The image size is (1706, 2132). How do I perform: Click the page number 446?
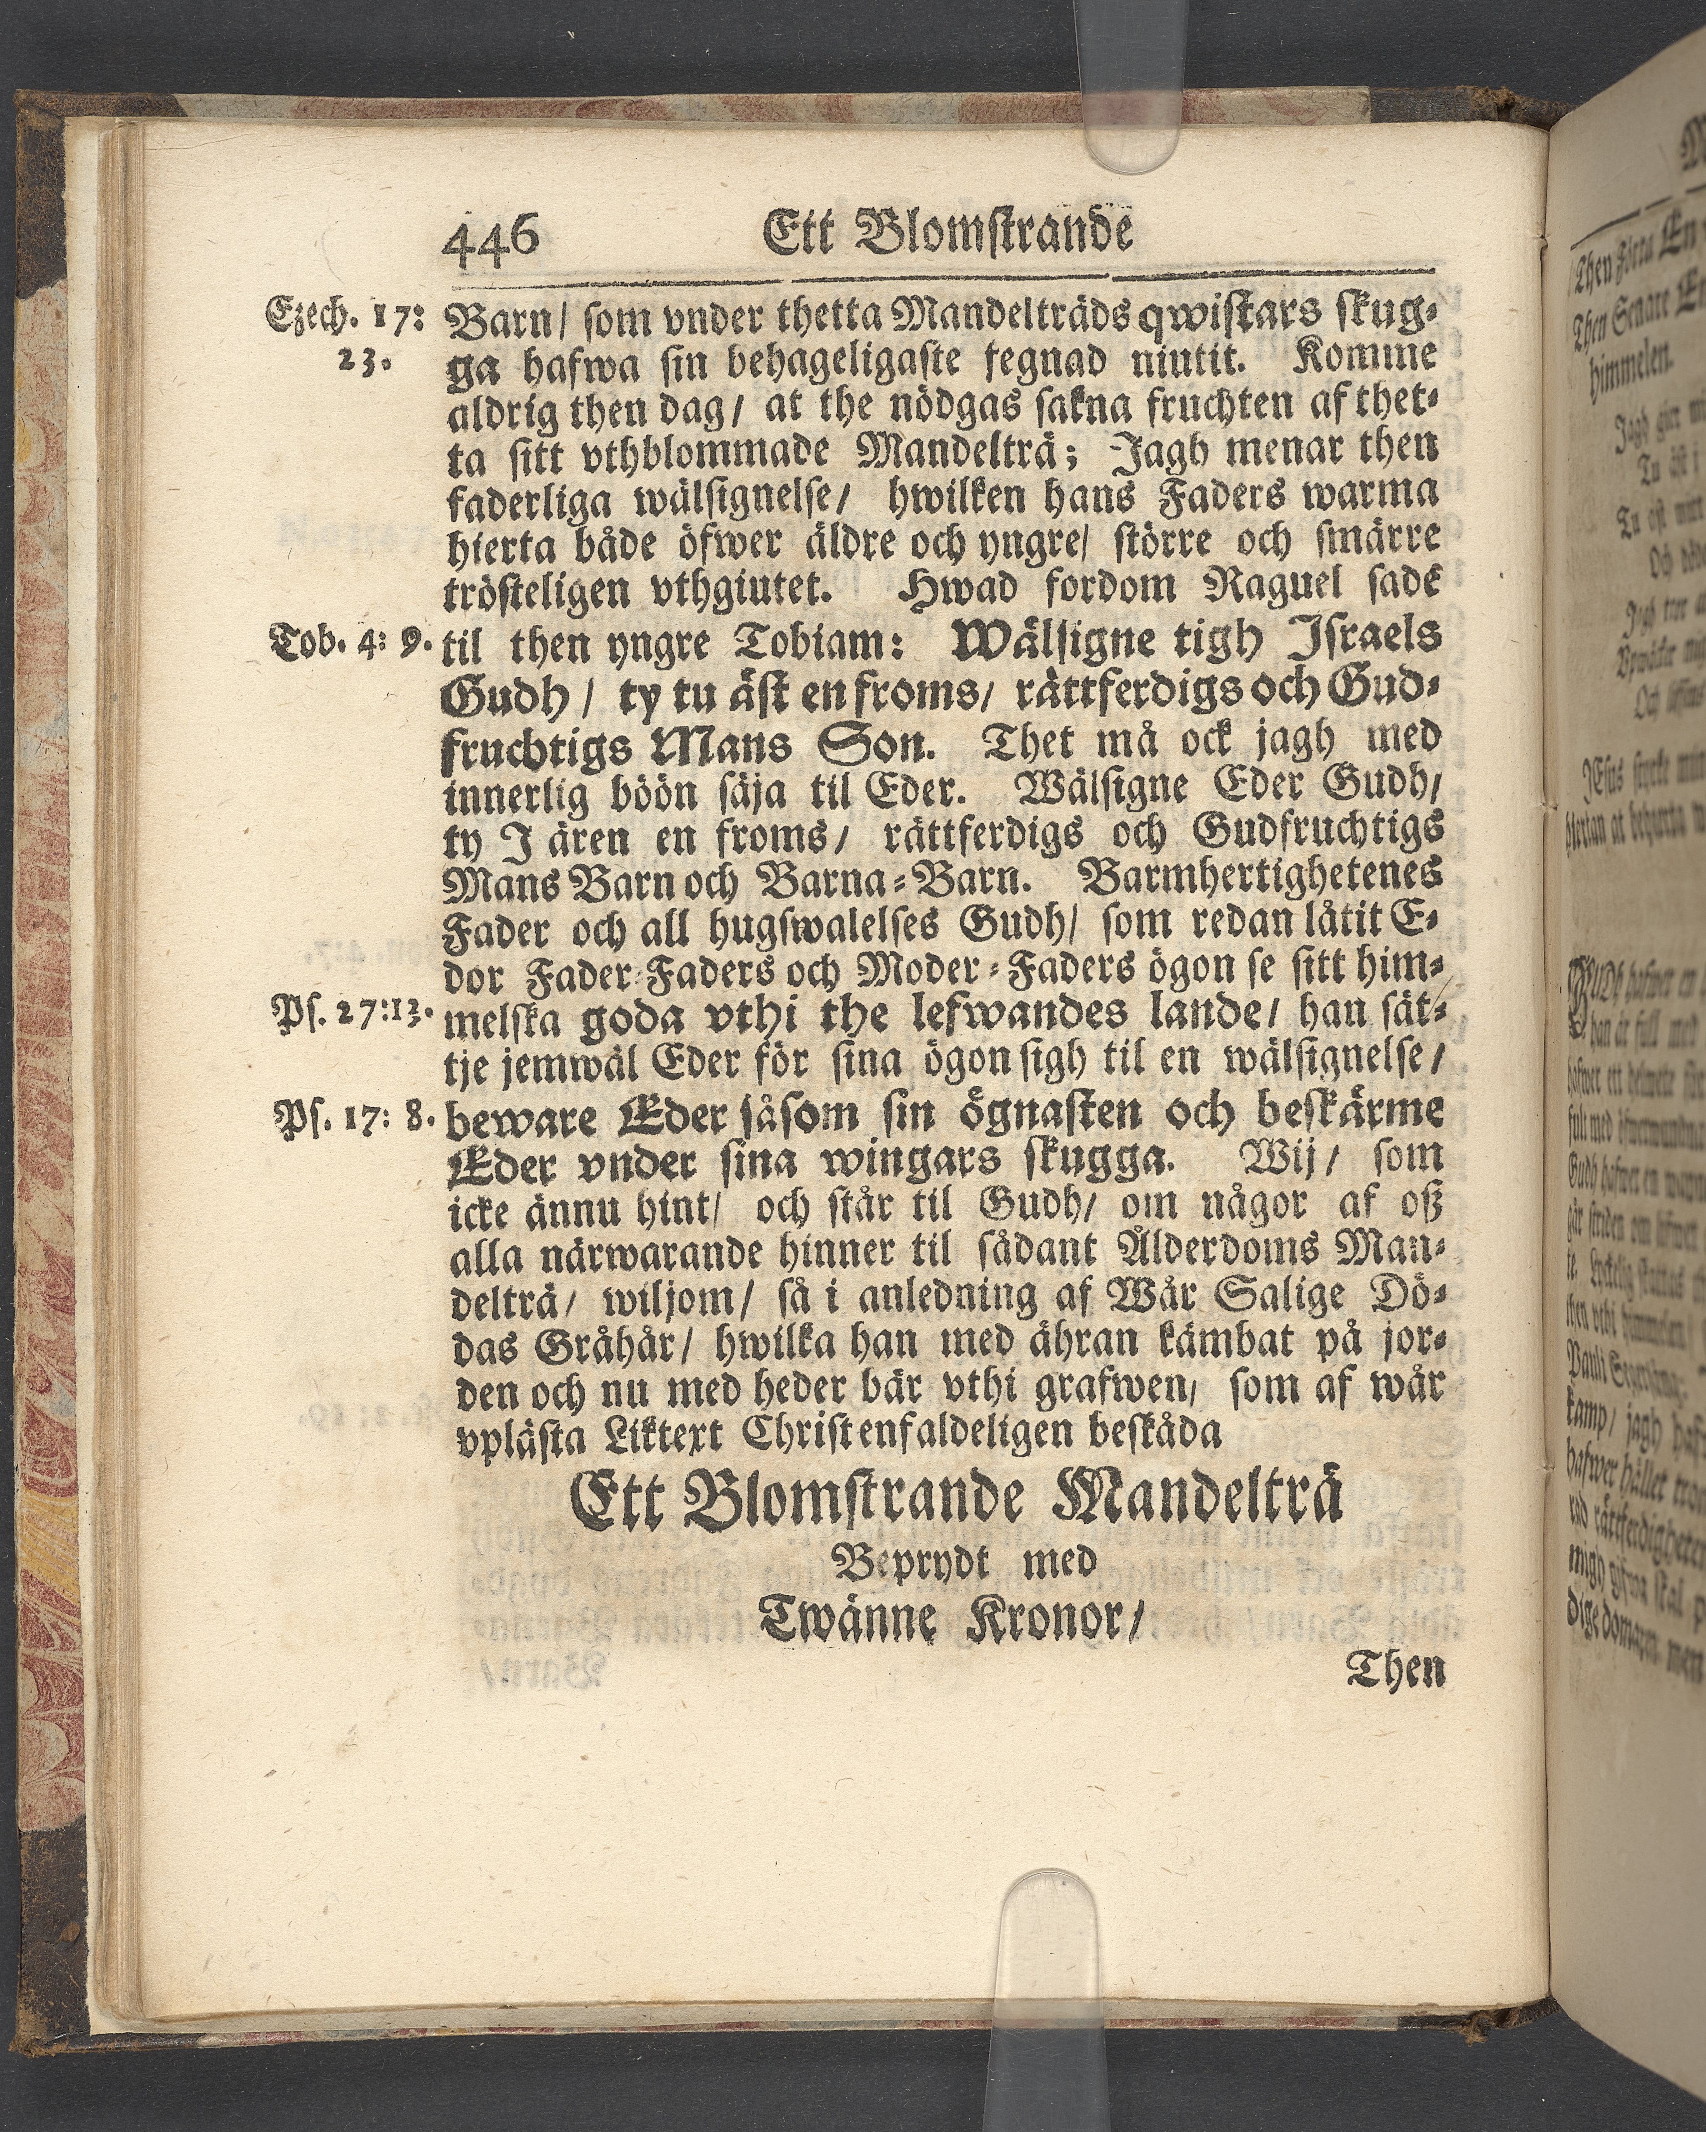click(x=491, y=237)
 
